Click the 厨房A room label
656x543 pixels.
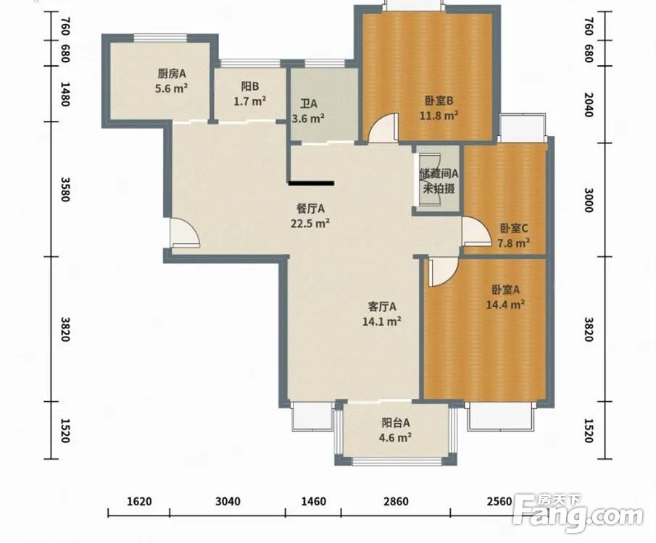pyautogui.click(x=172, y=74)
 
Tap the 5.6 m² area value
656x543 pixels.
pyautogui.click(x=171, y=88)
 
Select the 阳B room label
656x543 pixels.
pyautogui.click(x=250, y=87)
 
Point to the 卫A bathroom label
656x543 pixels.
pyautogui.click(x=308, y=104)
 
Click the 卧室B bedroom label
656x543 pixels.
pyautogui.click(x=439, y=101)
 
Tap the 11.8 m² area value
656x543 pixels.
pyautogui.click(x=439, y=115)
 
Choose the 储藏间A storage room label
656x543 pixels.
pyautogui.click(x=439, y=173)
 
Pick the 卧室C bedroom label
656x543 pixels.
pyautogui.click(x=514, y=228)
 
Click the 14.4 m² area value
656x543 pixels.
pyautogui.click(x=505, y=305)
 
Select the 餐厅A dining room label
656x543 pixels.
pyautogui.click(x=310, y=209)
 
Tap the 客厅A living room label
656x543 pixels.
pyautogui.click(x=382, y=307)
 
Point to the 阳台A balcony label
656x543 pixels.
pyautogui.click(x=395, y=423)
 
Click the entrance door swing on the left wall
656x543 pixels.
pyautogui.click(x=184, y=233)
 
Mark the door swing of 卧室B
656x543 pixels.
pyautogui.click(x=382, y=128)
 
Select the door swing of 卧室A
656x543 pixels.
pyautogui.click(x=443, y=271)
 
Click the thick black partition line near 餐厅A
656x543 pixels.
pyautogui.click(x=311, y=182)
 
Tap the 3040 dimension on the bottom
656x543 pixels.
pyautogui.click(x=228, y=501)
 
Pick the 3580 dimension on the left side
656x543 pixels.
pyautogui.click(x=65, y=189)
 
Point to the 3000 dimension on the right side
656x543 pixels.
pyautogui.click(x=589, y=201)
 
